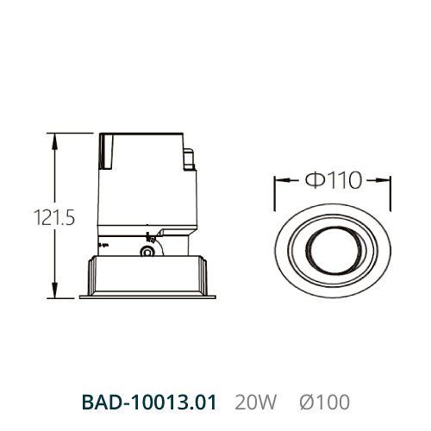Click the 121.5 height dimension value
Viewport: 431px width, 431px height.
54,217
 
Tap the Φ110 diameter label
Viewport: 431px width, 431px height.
334,180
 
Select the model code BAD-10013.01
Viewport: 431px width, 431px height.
149,403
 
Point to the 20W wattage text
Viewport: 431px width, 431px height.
255,403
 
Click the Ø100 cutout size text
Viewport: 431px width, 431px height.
325,403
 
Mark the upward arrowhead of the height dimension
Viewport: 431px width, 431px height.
54,141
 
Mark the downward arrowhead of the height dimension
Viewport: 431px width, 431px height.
54,290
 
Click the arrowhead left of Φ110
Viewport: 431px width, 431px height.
282,180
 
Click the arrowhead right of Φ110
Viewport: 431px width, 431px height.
383,180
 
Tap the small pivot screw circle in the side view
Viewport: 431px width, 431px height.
147,252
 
